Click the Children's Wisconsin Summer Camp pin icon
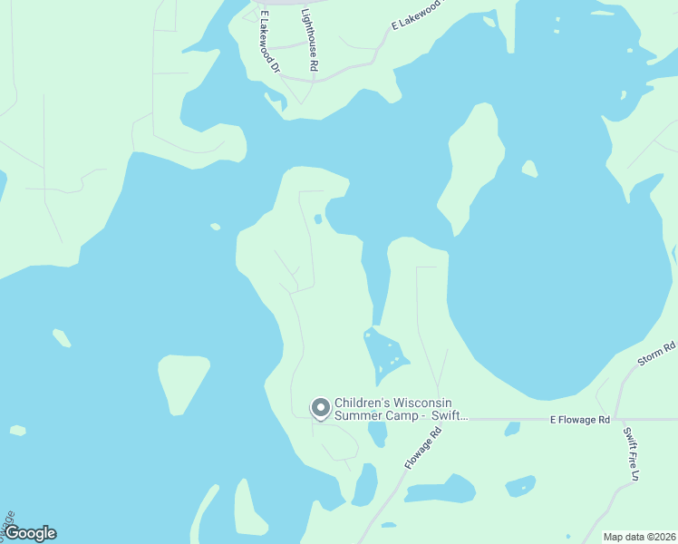[x=320, y=408]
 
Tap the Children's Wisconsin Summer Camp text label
[x=400, y=409]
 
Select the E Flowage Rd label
[x=580, y=420]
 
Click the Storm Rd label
[x=656, y=353]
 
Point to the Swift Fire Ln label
[x=632, y=453]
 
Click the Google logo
[x=30, y=533]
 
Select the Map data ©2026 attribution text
[x=639, y=537]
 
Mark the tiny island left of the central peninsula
[x=215, y=227]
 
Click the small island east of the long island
[x=529, y=169]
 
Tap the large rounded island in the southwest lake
[x=183, y=381]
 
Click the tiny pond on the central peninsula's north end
[x=317, y=219]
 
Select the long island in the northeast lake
[x=473, y=168]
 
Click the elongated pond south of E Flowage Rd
[x=440, y=491]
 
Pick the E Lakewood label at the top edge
[x=417, y=16]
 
